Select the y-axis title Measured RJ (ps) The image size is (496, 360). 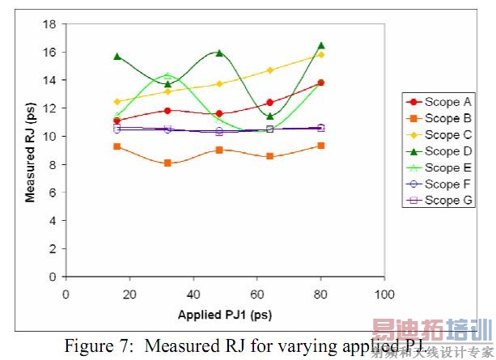point(30,150)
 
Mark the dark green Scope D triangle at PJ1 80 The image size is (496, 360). point(321,45)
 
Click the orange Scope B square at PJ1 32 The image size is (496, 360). point(167,163)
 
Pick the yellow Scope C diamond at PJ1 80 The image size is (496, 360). point(321,54)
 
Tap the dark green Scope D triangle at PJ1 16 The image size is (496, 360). point(117,56)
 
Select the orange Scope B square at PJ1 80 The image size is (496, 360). point(321,146)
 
